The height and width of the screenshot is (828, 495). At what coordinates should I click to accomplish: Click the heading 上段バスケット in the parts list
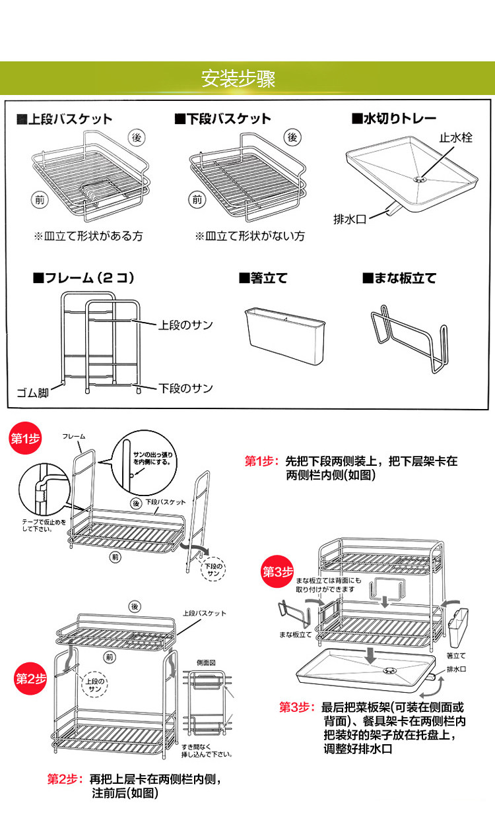(x=65, y=119)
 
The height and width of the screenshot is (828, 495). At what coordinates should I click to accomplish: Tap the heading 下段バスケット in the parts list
(x=223, y=119)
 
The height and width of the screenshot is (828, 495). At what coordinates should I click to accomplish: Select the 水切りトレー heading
(x=393, y=119)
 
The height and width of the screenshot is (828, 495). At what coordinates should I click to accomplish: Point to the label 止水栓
(x=456, y=139)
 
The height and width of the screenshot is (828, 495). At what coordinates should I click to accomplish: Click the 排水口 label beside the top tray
(x=350, y=217)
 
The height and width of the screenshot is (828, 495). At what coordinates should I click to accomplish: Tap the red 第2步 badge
(x=30, y=678)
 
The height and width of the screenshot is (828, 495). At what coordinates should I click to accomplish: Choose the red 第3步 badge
(x=277, y=572)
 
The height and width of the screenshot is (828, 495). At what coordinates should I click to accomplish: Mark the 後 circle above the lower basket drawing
(x=293, y=138)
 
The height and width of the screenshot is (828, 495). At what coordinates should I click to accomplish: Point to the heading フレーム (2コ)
(x=83, y=278)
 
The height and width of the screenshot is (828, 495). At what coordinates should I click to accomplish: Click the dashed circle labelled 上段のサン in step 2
(x=96, y=684)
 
